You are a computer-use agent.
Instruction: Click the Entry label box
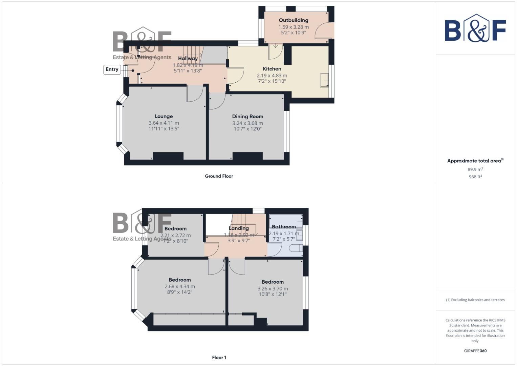pos(112,69)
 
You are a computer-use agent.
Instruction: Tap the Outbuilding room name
pos(294,20)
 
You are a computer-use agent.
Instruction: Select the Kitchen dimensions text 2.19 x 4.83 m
pos(272,76)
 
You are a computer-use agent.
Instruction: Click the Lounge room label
pos(164,116)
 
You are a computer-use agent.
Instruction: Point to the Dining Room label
pos(247,116)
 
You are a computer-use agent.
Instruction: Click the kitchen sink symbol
pos(324,80)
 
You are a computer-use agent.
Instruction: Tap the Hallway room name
pos(188,59)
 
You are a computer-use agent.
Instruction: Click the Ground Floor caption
pos(219,176)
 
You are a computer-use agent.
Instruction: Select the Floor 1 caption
pos(219,358)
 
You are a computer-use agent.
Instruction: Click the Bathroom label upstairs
pos(284,227)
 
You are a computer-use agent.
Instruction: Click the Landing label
pos(239,228)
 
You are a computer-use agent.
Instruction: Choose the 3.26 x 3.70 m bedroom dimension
pos(273,289)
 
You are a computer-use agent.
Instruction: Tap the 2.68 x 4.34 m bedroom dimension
pos(180,286)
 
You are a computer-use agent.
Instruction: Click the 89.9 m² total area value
pos(475,169)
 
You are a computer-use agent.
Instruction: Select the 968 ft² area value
pos(475,177)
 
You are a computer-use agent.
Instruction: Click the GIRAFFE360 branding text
pos(475,351)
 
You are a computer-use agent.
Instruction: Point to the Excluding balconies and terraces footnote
pos(475,300)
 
